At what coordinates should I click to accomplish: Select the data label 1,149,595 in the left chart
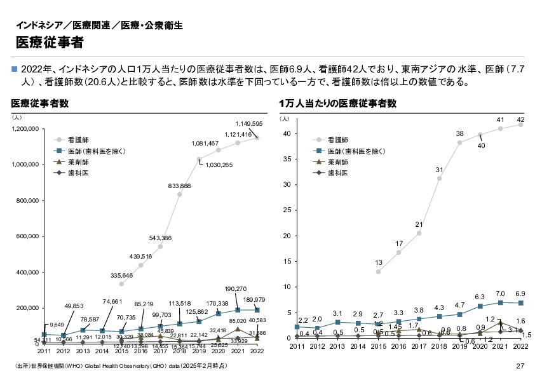point(248,123)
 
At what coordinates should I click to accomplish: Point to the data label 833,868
point(179,186)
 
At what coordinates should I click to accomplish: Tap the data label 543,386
point(160,238)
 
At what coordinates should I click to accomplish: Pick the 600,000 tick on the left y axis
point(29,236)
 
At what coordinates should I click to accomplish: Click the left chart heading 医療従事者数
point(39,103)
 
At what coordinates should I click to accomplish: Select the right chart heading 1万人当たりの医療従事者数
point(337,103)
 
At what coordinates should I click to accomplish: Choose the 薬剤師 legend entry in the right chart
point(337,162)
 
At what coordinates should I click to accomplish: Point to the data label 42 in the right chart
point(520,119)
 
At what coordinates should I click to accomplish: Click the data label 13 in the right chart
point(378,262)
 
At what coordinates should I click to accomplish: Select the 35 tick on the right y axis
point(287,159)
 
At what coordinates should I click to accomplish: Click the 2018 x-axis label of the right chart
point(439,346)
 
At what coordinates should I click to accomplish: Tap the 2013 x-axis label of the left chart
point(83,351)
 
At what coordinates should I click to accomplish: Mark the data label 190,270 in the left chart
point(236,288)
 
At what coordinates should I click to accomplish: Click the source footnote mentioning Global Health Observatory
point(121,367)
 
